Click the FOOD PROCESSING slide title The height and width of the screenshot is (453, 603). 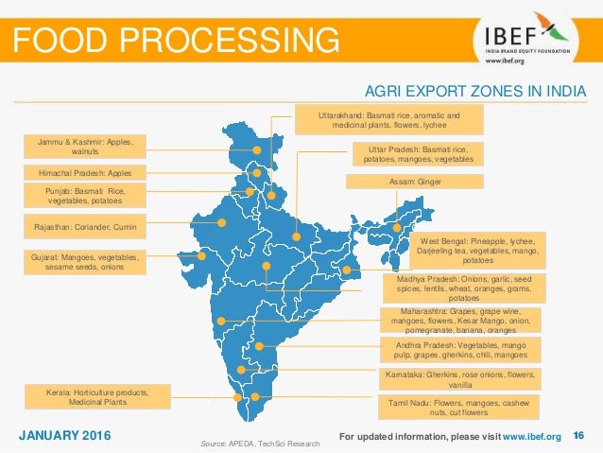click(x=175, y=40)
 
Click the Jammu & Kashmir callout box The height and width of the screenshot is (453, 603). click(x=86, y=147)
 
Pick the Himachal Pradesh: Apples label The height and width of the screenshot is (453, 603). click(x=86, y=173)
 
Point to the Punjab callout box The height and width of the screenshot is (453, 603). click(x=86, y=196)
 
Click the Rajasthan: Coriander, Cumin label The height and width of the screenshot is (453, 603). click(x=86, y=228)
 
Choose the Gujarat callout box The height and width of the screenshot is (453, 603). click(x=86, y=262)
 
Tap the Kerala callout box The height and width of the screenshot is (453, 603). click(x=97, y=395)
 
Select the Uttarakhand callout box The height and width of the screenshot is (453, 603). click(x=389, y=120)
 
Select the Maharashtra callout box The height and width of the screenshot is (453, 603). click(x=459, y=321)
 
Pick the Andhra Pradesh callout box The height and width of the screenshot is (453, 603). click(x=459, y=351)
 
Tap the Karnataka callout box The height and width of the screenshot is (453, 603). click(x=459, y=379)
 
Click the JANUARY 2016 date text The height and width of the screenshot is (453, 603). click(x=64, y=435)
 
